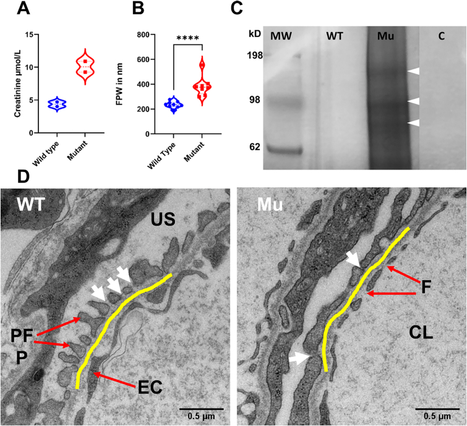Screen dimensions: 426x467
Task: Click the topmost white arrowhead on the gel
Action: click(413, 72)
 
